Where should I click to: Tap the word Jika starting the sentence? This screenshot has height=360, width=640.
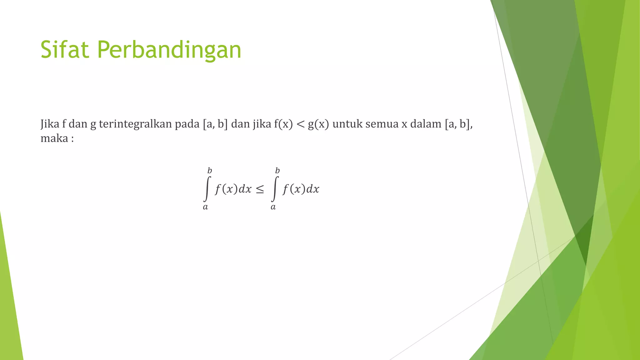pos(50,124)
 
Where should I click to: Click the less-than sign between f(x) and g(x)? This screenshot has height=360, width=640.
pos(300,125)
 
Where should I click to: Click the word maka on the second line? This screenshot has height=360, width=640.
pos(54,138)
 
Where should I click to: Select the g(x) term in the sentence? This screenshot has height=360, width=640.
pos(318,124)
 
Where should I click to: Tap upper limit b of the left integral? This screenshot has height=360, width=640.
pos(210,171)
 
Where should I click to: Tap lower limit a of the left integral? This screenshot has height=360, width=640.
pos(205,207)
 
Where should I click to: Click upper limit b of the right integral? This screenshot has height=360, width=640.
pos(277,171)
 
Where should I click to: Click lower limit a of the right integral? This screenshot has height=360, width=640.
pos(273,207)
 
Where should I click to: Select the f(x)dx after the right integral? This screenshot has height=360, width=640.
pos(301,189)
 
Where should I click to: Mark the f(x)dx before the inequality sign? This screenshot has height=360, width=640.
pos(233,189)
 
